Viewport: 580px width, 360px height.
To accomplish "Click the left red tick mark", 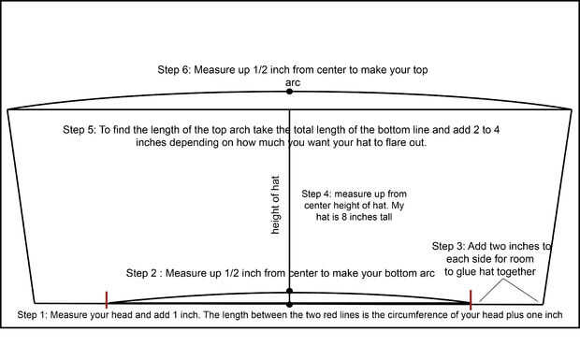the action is pyautogui.click(x=107, y=300).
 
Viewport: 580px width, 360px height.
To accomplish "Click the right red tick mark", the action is pyautogui.click(x=471, y=300).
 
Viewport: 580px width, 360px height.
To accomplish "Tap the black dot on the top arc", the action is pyautogui.click(x=289, y=92).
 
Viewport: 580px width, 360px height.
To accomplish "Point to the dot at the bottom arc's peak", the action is pyautogui.click(x=289, y=291).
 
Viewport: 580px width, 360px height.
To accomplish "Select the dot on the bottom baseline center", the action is pyautogui.click(x=289, y=305).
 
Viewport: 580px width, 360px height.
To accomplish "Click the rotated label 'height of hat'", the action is pyautogui.click(x=275, y=205).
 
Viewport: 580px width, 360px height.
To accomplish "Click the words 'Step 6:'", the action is pyautogui.click(x=174, y=70).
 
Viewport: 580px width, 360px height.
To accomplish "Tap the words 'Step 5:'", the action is pyautogui.click(x=80, y=130).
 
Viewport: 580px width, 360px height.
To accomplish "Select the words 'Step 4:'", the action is pyautogui.click(x=316, y=194).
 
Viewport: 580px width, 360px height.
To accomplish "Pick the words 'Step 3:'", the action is pyautogui.click(x=448, y=246).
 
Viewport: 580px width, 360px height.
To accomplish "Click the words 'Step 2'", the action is pyautogui.click(x=141, y=273).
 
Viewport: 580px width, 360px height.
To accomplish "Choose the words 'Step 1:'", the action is pyautogui.click(x=32, y=315).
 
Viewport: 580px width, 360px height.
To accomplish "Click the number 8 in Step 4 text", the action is pyautogui.click(x=344, y=217).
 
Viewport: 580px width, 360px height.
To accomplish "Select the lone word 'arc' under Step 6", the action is pyautogui.click(x=293, y=83).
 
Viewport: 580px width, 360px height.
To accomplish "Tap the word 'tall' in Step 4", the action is pyautogui.click(x=385, y=217).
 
